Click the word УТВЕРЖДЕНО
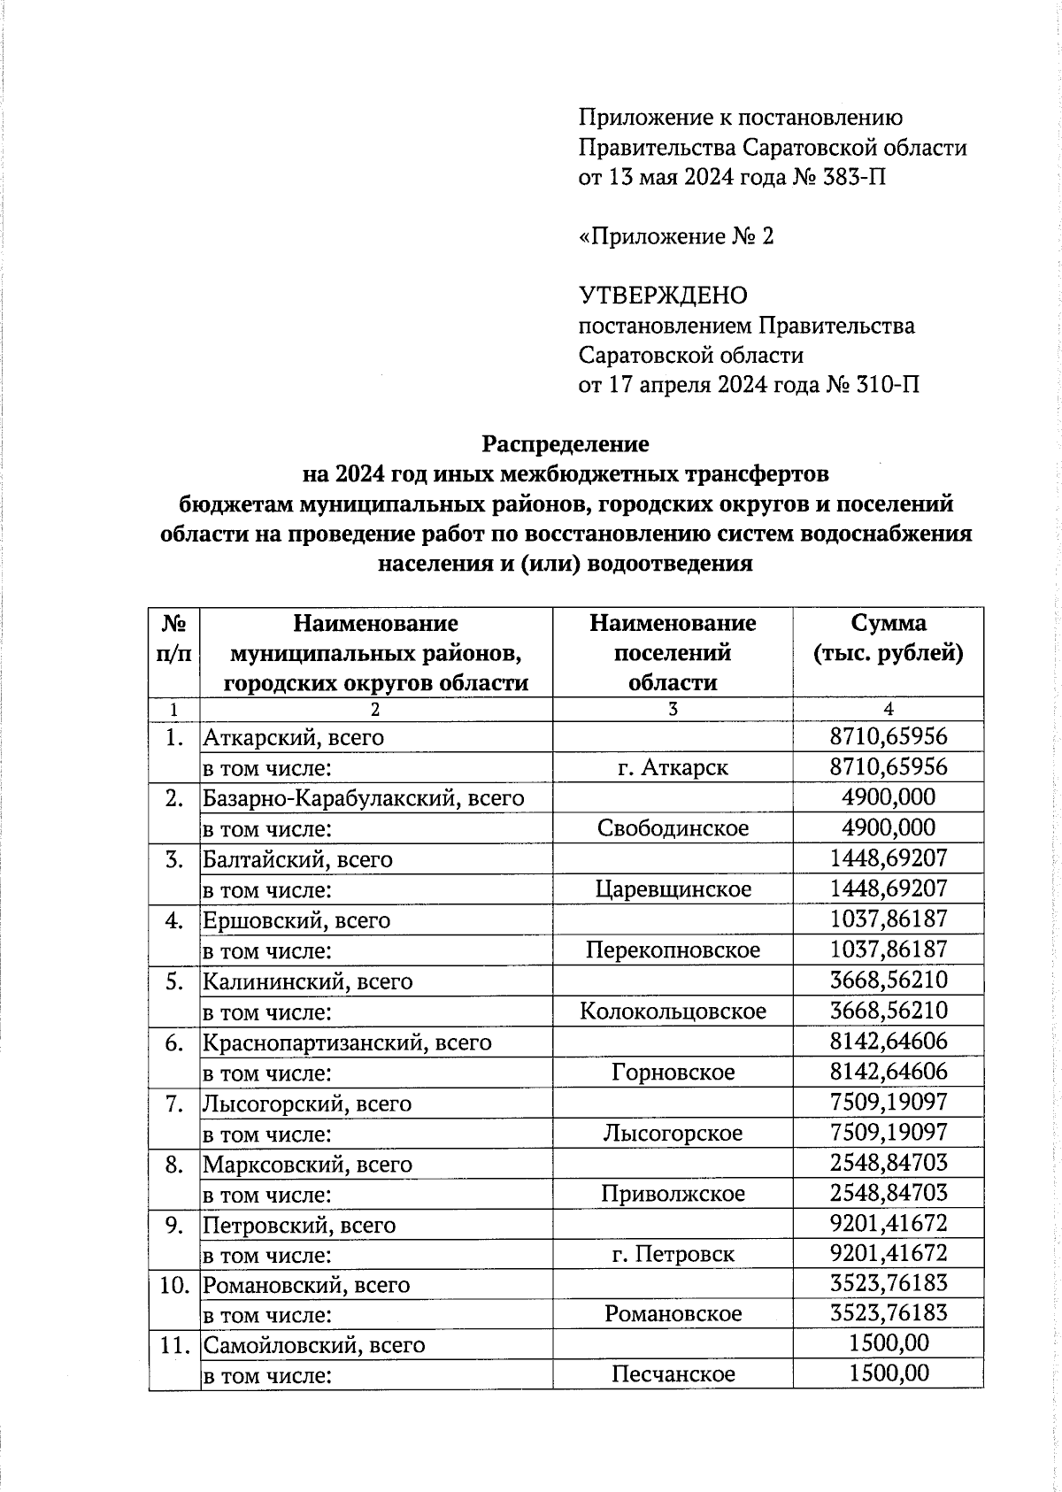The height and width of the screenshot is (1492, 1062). point(662,296)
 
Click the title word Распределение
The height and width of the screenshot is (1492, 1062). point(566,443)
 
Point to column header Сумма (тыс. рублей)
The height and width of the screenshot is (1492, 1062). point(888,638)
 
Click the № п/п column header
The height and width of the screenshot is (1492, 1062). point(174,638)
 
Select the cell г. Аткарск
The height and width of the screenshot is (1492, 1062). point(673,767)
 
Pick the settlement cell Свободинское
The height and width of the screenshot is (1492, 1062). point(673,828)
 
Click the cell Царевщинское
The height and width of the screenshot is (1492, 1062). point(673,889)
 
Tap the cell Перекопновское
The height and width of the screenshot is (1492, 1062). point(673,950)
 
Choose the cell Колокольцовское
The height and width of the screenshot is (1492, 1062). point(673,1011)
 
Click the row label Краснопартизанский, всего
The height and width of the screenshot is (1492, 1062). point(347,1042)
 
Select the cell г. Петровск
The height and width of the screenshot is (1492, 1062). point(673,1255)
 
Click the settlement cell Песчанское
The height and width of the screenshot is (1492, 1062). point(673,1374)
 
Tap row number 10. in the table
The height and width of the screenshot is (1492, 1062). point(174,1285)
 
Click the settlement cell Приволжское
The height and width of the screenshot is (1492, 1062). point(673,1194)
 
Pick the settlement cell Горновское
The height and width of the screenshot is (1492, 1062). point(673,1073)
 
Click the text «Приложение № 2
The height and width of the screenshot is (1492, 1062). point(676,236)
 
